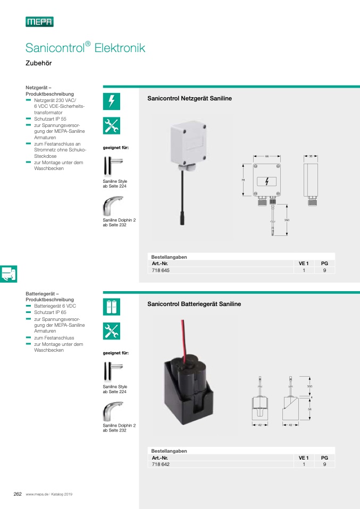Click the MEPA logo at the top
(39, 22)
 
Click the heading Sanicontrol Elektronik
(85, 48)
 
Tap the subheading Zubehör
(38, 63)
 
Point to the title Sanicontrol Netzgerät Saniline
(189, 98)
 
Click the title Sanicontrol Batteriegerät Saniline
(194, 304)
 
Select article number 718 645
(162, 270)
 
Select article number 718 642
(162, 464)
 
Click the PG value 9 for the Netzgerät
(324, 270)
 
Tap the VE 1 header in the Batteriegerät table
(304, 457)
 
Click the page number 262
(17, 494)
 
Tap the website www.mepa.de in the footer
(37, 494)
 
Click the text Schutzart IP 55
(50, 120)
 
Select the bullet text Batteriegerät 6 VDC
(53, 307)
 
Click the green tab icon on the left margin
(9, 274)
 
